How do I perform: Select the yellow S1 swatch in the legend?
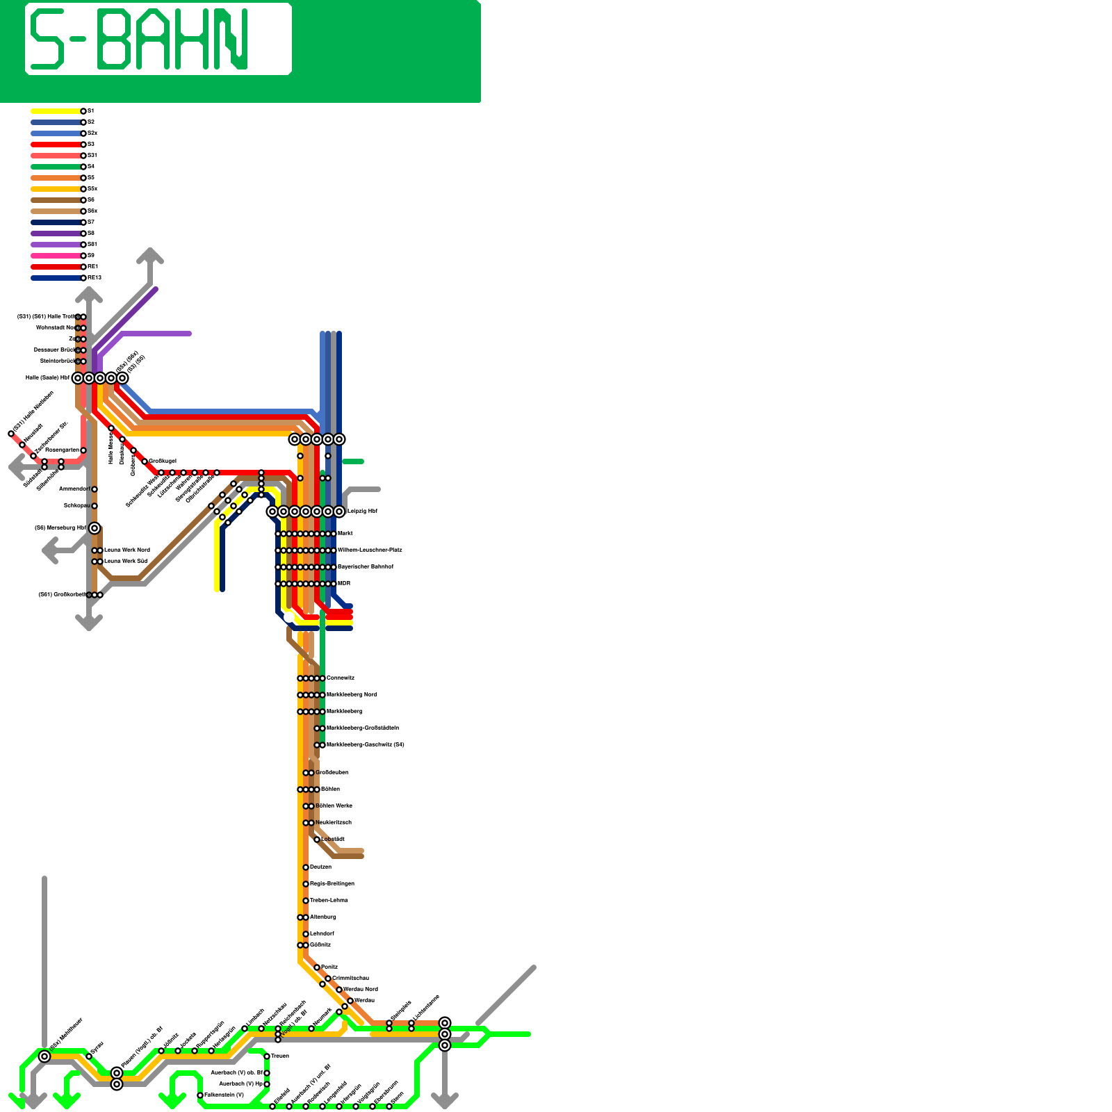pos(56,111)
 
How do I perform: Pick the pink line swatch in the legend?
pos(56,256)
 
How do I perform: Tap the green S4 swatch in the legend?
pos(56,167)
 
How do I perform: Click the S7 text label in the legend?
pos(91,222)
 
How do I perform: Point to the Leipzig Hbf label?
pos(362,512)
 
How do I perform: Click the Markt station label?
pos(345,534)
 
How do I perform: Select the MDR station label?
pos(343,584)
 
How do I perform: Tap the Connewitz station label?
pos(341,678)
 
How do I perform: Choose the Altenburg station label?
pos(323,917)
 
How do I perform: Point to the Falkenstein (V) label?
pos(224,1095)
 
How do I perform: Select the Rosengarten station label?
pos(62,450)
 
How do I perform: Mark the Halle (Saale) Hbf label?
pos(48,378)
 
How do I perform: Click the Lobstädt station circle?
pos(317,840)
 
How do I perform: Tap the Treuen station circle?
pos(267,1056)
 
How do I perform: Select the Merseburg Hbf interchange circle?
pos(95,528)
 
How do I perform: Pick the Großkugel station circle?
pos(145,461)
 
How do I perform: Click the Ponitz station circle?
pos(317,967)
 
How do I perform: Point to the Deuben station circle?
pos(306,867)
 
